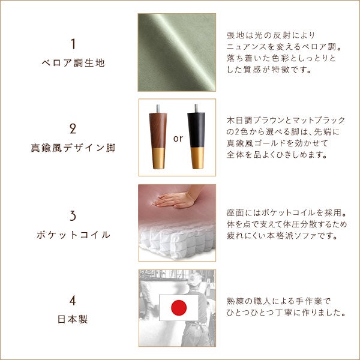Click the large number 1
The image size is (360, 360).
[73, 44]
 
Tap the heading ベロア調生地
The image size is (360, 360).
[73, 63]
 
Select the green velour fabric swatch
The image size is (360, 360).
[177, 52]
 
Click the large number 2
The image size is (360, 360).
[73, 129]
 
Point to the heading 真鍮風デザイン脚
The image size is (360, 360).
[73, 148]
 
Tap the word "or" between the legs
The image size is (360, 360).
[178, 139]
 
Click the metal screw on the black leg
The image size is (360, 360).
[196, 108]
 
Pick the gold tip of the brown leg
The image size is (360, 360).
[158, 158]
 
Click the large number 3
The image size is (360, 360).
[73, 216]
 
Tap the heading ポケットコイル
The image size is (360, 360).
[73, 235]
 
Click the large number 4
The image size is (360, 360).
[73, 301]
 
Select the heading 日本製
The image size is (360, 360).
[73, 319]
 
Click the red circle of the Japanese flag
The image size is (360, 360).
[179, 308]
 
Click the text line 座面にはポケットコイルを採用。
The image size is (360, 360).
[286, 213]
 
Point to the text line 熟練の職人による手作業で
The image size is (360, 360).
[278, 301]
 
